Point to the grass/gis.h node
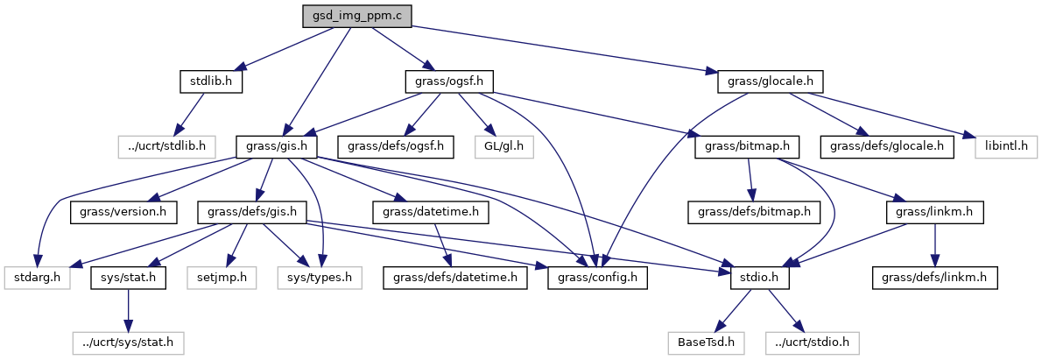pyautogui.click(x=277, y=145)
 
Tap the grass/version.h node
pyautogui.click(x=124, y=211)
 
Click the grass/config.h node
pyautogui.click(x=597, y=278)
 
